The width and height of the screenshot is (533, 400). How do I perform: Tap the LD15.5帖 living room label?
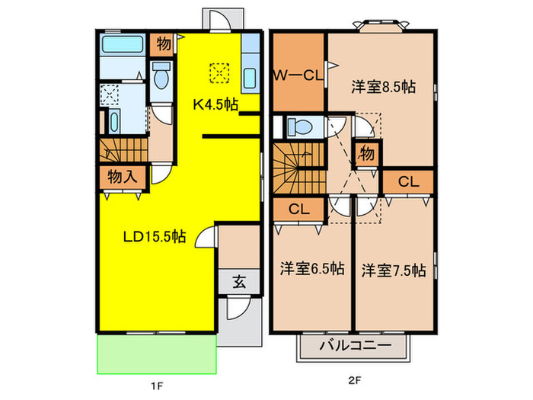[155, 236]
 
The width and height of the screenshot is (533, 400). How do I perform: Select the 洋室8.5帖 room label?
[383, 87]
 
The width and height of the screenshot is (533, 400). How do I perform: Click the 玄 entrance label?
[238, 282]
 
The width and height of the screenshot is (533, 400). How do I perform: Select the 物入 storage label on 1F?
[122, 176]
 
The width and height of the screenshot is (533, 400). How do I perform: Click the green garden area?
[156, 354]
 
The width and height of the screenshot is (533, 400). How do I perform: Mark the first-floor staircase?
[122, 149]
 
